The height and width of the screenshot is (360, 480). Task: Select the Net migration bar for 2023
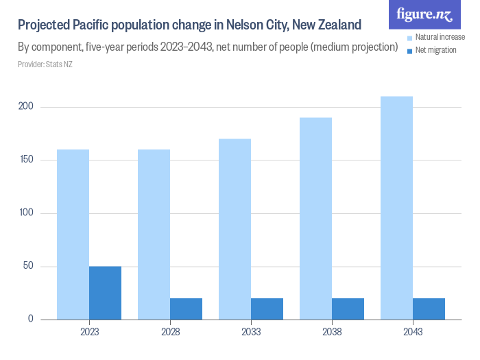(x=105, y=293)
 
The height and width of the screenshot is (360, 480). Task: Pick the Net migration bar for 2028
(x=186, y=309)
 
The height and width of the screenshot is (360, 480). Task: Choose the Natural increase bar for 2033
(x=235, y=229)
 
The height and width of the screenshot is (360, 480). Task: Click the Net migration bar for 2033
(x=267, y=309)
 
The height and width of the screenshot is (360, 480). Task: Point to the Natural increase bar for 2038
(x=315, y=219)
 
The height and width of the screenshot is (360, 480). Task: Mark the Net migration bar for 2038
(x=348, y=309)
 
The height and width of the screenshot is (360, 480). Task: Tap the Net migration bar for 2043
(x=429, y=309)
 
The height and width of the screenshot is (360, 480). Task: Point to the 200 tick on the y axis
(x=24, y=107)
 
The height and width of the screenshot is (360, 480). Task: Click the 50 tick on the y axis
(x=26, y=266)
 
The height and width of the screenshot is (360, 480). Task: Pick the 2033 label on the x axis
(x=250, y=332)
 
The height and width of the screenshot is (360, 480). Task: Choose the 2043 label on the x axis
(x=412, y=332)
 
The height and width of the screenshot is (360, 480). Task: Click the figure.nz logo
(x=424, y=14)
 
